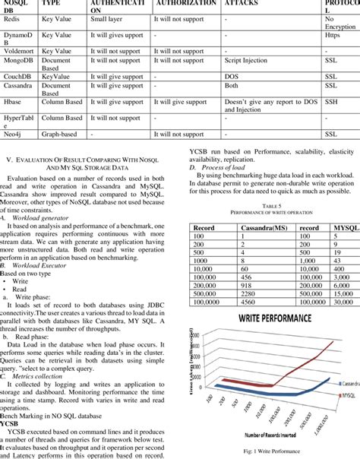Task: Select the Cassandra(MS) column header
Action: pos(249,227)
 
